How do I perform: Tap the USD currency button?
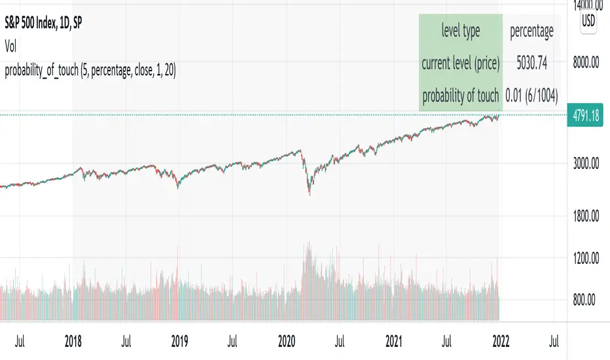click(588, 21)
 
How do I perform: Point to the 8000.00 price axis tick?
click(586, 63)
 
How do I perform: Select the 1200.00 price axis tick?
click(586, 259)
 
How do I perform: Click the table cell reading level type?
click(461, 31)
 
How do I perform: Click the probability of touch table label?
click(461, 96)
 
